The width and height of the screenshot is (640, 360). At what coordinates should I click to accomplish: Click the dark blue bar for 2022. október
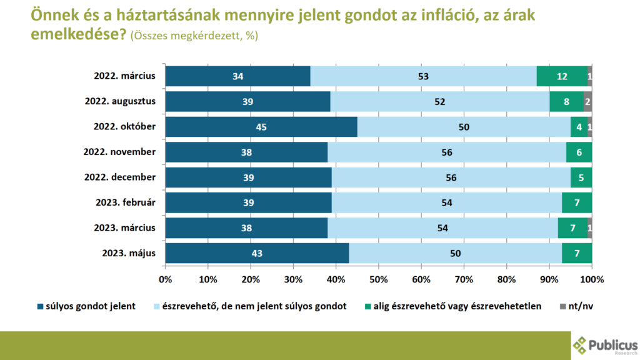point(261,127)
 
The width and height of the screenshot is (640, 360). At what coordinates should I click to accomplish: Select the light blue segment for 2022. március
point(423,76)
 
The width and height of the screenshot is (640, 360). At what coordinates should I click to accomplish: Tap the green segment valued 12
point(562,76)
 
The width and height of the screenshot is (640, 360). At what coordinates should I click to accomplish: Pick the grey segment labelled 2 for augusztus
point(587,101)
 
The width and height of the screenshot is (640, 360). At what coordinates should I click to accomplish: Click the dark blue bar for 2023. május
point(257,253)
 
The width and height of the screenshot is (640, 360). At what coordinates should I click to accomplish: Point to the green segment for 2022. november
point(579,152)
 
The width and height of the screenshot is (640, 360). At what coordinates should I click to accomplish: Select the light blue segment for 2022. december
point(451,177)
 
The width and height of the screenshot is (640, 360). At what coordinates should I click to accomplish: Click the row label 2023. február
point(124,202)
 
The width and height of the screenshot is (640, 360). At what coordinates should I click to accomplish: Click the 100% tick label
point(591,278)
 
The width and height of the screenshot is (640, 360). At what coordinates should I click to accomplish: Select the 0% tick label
point(166,278)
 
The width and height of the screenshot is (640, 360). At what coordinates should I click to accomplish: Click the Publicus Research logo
point(605,345)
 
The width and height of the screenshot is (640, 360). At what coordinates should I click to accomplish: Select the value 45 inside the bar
point(261,127)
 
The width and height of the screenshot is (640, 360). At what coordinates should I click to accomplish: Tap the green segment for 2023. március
point(572,228)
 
